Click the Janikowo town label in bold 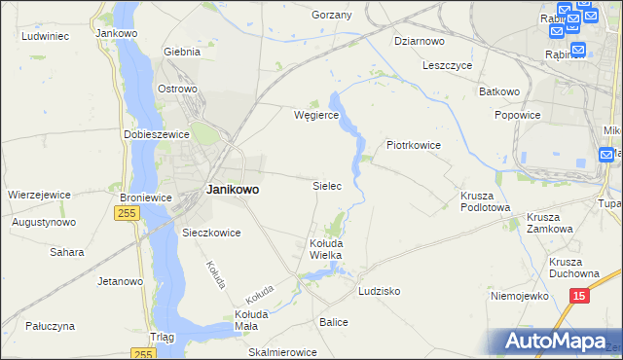(x=233, y=190)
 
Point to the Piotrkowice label (x=414, y=145)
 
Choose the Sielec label (x=326, y=185)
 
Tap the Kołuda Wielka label (x=326, y=248)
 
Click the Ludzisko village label (x=379, y=291)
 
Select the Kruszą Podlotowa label (x=485, y=200)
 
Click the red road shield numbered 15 (x=580, y=295)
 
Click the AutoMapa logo (x=557, y=342)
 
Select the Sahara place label (x=67, y=252)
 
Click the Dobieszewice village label (x=156, y=134)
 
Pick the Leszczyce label (x=447, y=66)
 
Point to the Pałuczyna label (x=49, y=327)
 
